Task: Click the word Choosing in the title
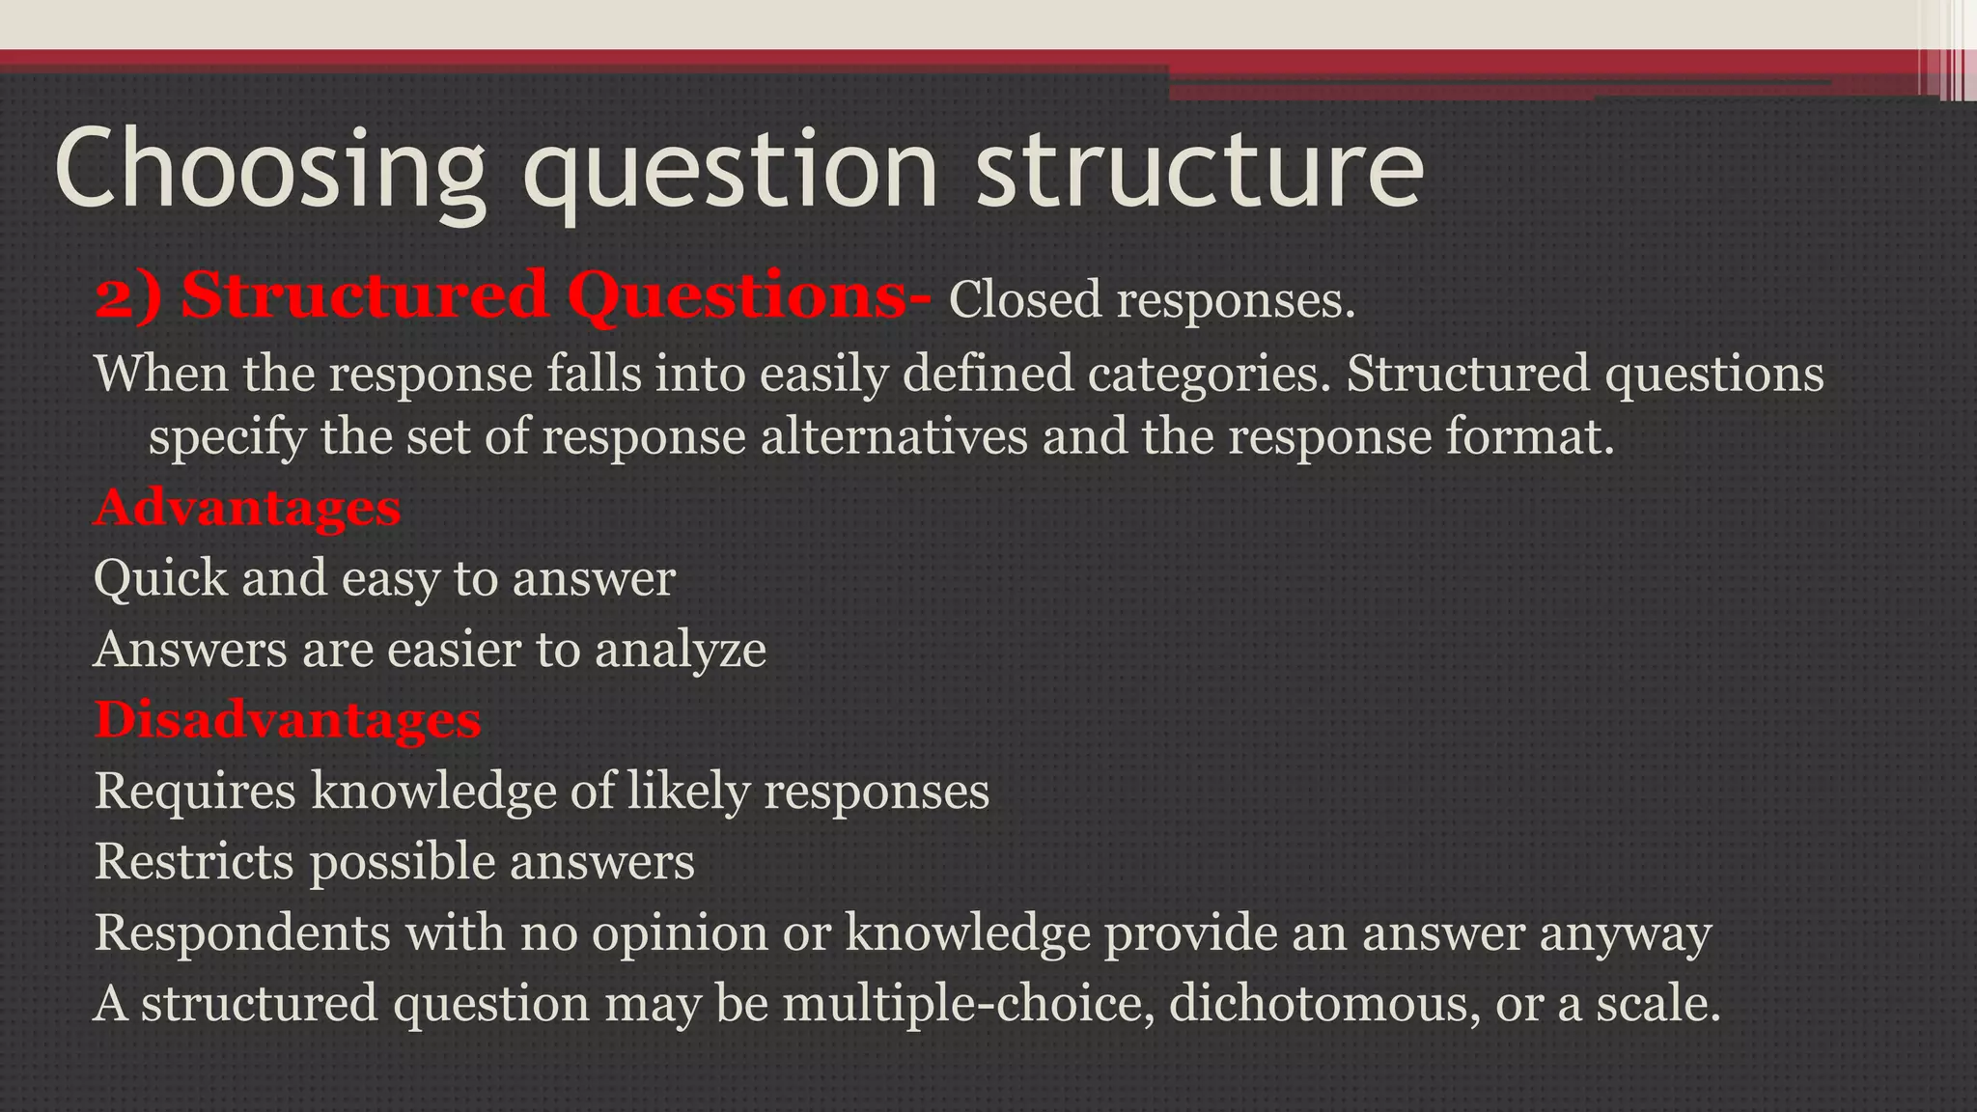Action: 270,169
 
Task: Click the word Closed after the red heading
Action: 1025,299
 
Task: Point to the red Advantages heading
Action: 247,508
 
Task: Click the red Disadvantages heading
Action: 288,720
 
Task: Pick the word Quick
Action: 160,579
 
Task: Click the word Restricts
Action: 193,861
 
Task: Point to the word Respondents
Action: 241,932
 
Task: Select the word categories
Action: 1210,375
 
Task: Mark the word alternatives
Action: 894,436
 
